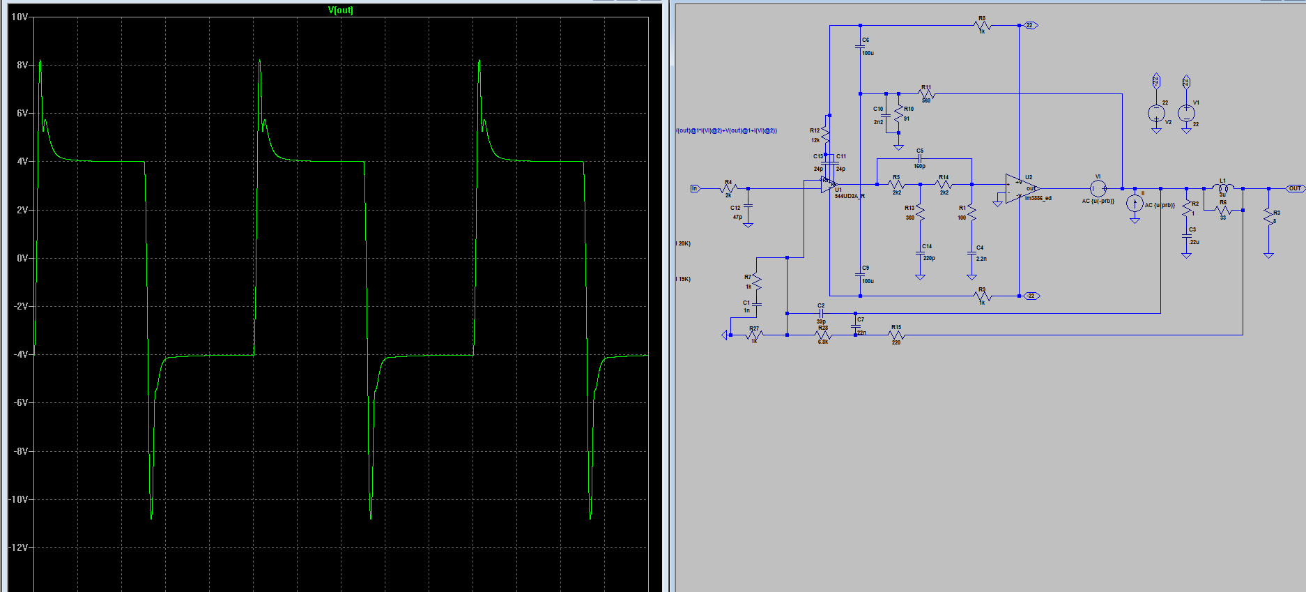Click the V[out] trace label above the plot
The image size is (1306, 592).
pyautogui.click(x=341, y=10)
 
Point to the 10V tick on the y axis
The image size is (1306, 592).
pyautogui.click(x=20, y=17)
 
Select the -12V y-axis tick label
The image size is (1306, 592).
pyautogui.click(x=18, y=547)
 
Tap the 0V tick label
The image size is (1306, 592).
pyautogui.click(x=22, y=258)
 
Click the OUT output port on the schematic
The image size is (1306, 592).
pyautogui.click(x=1294, y=188)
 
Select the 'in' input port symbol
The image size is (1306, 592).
pyautogui.click(x=694, y=188)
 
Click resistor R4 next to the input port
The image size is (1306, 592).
pyautogui.click(x=728, y=188)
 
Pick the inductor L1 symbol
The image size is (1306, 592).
pyautogui.click(x=1223, y=188)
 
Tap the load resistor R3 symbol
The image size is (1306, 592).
pyautogui.click(x=1268, y=218)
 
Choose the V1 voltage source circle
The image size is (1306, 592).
pyautogui.click(x=1186, y=113)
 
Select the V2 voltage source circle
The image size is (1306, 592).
pyautogui.click(x=1156, y=113)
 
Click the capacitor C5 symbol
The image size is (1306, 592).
pyautogui.click(x=920, y=159)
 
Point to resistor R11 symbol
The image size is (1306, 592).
pyautogui.click(x=926, y=94)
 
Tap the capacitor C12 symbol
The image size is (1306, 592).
pyautogui.click(x=748, y=207)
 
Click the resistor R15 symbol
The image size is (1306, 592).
pyautogui.click(x=896, y=335)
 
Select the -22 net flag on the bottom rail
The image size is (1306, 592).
pyautogui.click(x=1031, y=296)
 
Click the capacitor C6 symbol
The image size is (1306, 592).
pyautogui.click(x=861, y=47)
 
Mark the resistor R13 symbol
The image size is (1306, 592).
pyautogui.click(x=920, y=213)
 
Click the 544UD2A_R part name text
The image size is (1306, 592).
pyautogui.click(x=850, y=197)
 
